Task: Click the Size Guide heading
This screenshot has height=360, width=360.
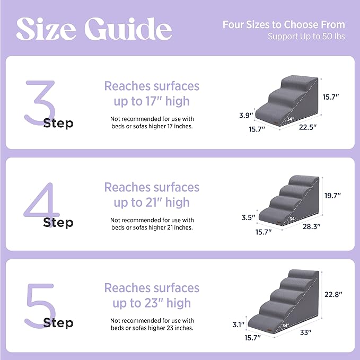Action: (94, 29)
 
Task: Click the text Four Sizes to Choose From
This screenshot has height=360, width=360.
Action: (283, 25)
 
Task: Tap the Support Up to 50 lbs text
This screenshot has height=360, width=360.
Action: (306, 37)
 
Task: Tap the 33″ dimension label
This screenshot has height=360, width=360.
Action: (305, 332)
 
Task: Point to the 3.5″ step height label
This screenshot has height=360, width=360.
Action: (247, 217)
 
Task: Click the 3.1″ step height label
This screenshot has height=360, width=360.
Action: (238, 324)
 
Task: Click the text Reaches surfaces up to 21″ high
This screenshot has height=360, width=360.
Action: (152, 195)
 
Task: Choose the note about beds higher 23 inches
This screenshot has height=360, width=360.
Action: (152, 324)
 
